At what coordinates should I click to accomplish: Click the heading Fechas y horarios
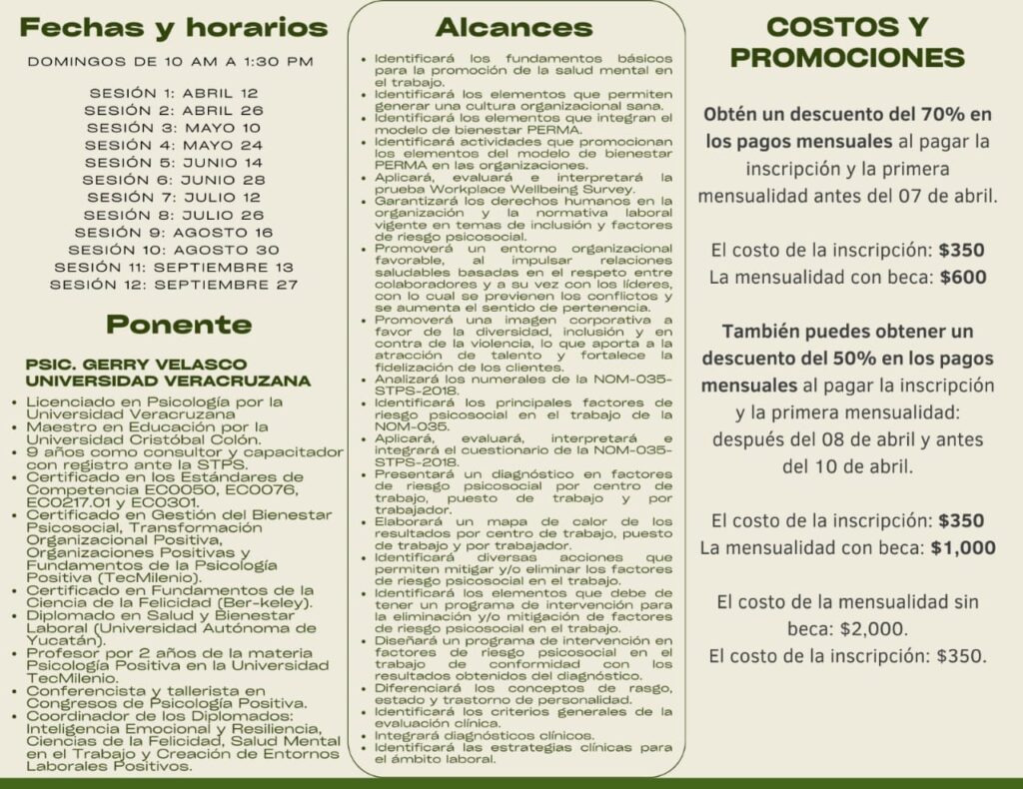pos(173,27)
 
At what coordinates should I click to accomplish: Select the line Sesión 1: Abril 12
pos(174,93)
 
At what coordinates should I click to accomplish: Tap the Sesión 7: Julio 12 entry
pos(174,198)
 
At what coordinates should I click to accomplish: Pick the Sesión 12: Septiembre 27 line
pos(174,285)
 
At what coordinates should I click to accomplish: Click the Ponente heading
pos(179,325)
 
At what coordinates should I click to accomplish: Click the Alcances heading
pos(513,27)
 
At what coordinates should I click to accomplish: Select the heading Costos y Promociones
pos(847,42)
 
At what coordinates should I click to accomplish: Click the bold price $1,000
pos(963,547)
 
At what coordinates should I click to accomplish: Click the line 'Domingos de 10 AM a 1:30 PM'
pos(171,61)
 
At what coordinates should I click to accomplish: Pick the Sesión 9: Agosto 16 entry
pos(174,233)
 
